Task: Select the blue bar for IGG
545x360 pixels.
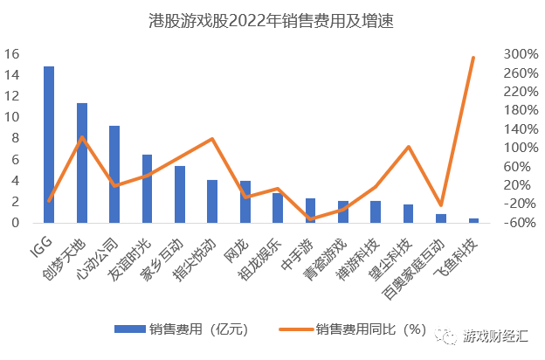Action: (x=49, y=144)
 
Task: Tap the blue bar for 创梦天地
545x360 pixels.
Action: (x=82, y=163)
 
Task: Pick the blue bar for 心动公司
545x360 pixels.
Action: (x=114, y=174)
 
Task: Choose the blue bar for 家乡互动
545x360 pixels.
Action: (x=180, y=194)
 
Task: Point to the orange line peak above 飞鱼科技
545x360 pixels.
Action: (x=473, y=58)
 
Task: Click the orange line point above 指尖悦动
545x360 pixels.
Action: (x=212, y=139)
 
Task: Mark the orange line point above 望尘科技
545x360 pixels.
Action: (x=408, y=147)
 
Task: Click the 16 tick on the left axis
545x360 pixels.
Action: (x=12, y=54)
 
